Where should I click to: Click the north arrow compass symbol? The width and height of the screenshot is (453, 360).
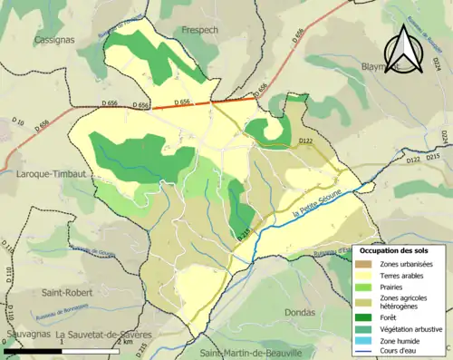pos(404,50)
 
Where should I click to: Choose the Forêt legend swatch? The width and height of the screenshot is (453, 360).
pos(371,317)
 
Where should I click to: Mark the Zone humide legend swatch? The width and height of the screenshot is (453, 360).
pos(371,344)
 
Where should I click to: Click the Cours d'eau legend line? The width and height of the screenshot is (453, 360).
pos(371,355)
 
